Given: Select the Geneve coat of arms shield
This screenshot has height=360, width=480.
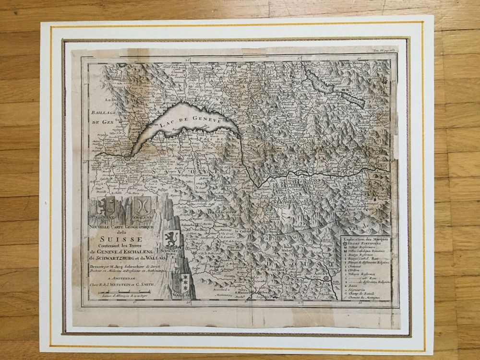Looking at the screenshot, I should click(106, 207).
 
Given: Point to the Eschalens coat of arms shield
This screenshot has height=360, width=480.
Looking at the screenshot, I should click(143, 206).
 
